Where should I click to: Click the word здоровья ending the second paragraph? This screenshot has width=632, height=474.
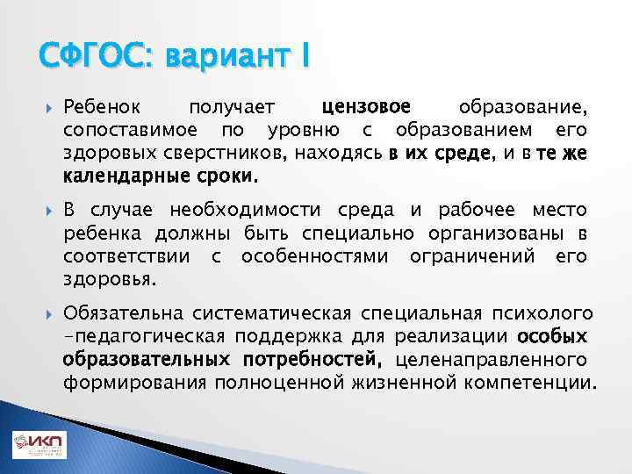[x=109, y=279]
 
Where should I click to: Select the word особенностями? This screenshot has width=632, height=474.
[x=317, y=256]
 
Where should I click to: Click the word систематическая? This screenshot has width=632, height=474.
[x=255, y=314]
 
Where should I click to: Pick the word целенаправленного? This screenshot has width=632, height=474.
[x=492, y=360]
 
